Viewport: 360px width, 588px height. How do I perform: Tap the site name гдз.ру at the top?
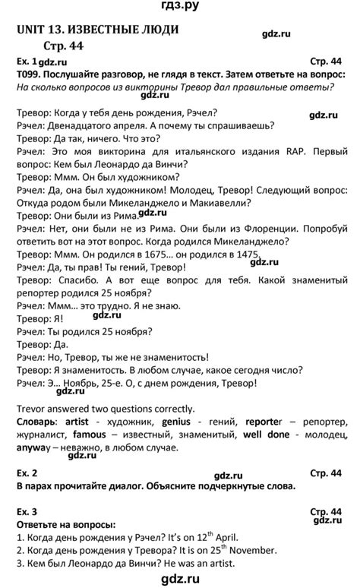[x=180, y=8]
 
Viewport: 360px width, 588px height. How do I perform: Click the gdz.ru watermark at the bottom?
[x=180, y=580]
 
